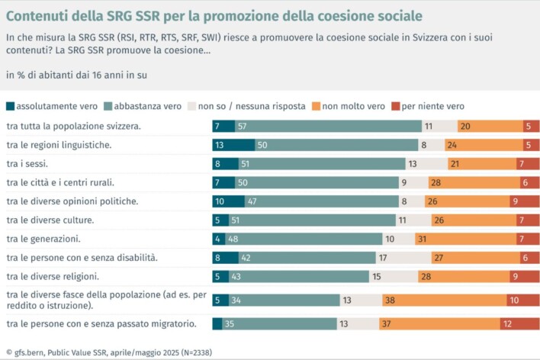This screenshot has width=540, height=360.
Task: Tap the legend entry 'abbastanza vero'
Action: click(149, 106)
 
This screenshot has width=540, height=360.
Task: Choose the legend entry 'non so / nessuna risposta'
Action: click(252, 106)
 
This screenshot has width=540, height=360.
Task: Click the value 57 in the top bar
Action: click(242, 127)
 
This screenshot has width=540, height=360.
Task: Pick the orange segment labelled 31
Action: click(442, 239)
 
